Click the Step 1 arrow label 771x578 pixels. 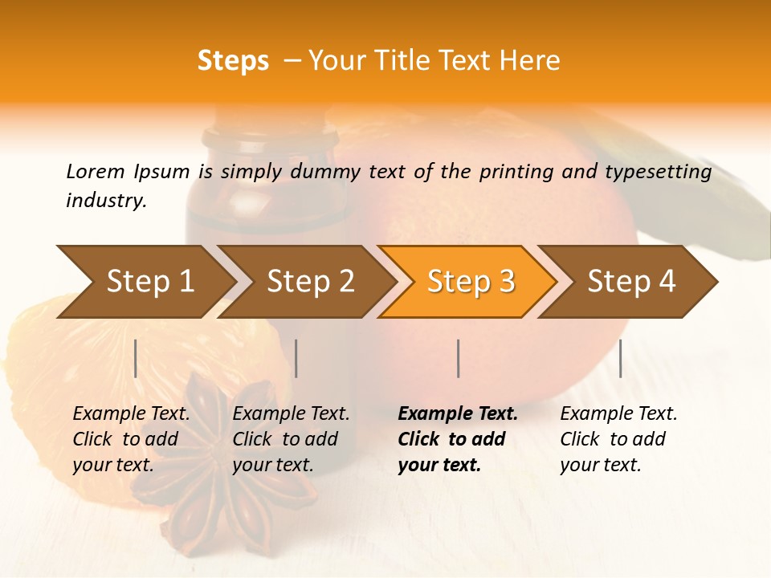pyautogui.click(x=150, y=281)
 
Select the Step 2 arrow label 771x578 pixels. pyautogui.click(x=311, y=281)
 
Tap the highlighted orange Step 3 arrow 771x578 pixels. pyautogui.click(x=471, y=281)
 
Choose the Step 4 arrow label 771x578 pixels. pyautogui.click(x=631, y=281)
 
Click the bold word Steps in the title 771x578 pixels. pyautogui.click(x=233, y=60)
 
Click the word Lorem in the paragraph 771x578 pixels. pyautogui.click(x=95, y=171)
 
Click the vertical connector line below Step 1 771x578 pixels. pyautogui.click(x=136, y=358)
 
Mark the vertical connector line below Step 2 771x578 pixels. pyautogui.click(x=296, y=358)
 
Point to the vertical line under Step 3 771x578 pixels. pyautogui.click(x=458, y=358)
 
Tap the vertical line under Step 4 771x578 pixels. pyautogui.click(x=620, y=358)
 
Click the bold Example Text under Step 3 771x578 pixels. pyautogui.click(x=458, y=414)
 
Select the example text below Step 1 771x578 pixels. pyautogui.click(x=131, y=438)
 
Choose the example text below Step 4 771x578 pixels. pyautogui.click(x=618, y=438)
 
